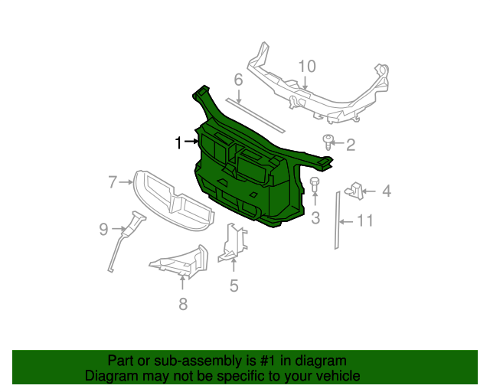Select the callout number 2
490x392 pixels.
[351, 145]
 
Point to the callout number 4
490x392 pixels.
[387, 191]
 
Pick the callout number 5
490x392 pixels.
[234, 286]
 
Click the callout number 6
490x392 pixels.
[238, 80]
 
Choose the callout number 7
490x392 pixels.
[113, 181]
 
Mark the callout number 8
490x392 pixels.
[182, 305]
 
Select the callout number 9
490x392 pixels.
[104, 227]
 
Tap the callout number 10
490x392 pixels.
[306, 66]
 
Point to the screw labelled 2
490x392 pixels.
[329, 141]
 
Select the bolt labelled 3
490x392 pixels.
[315, 184]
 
